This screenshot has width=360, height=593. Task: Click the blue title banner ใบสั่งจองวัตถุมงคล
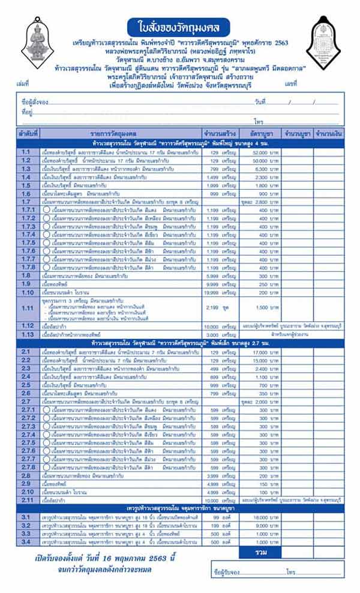(x=180, y=26)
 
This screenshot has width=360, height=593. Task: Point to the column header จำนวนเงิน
(x=328, y=133)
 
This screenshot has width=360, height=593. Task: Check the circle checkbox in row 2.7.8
(x=46, y=467)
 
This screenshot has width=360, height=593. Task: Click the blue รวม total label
(x=260, y=552)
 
